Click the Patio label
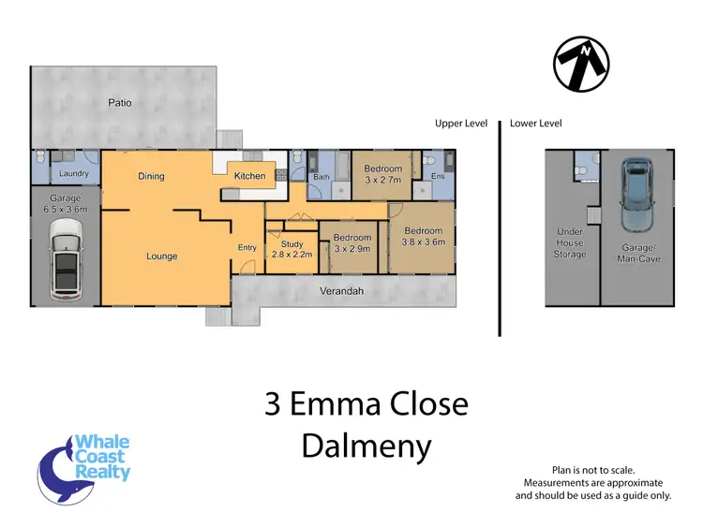click(x=118, y=103)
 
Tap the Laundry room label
click(x=72, y=174)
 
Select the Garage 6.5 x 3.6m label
click(x=66, y=204)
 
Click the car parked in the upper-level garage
click(x=66, y=265)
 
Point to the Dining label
click(x=151, y=175)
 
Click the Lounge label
click(x=161, y=256)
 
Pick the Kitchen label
click(x=249, y=176)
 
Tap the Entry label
click(x=247, y=248)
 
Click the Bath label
click(x=321, y=176)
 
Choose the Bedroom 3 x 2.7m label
click(x=382, y=174)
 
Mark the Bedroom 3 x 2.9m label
click(x=352, y=243)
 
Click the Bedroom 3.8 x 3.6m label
click(x=423, y=237)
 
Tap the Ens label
click(x=438, y=176)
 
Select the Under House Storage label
click(x=570, y=243)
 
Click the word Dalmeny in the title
click(x=366, y=446)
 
